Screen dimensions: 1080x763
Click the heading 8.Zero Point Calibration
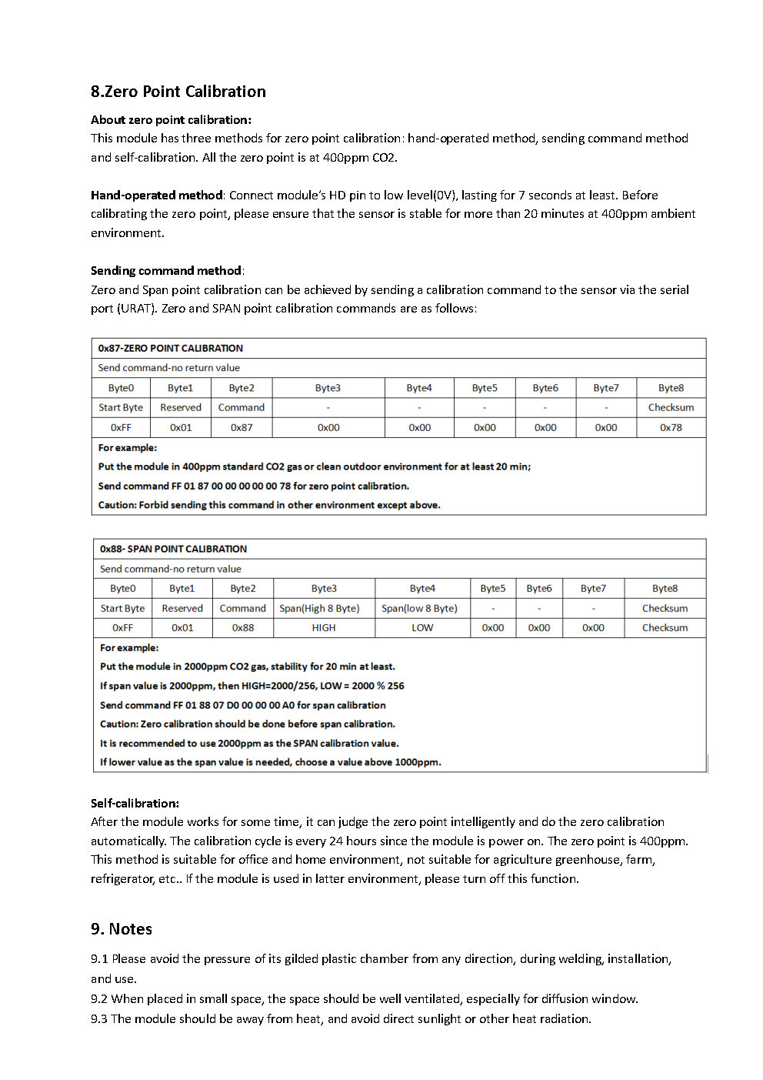pos(178,92)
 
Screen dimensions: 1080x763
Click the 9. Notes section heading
pos(122,929)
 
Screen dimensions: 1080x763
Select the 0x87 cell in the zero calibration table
pos(242,427)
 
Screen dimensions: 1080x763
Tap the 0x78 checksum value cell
pos(671,427)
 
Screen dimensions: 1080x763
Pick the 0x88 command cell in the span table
pos(243,627)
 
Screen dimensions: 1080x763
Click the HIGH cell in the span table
pos(324,627)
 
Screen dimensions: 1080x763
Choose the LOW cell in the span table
pos(422,627)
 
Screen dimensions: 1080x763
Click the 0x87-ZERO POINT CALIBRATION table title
pos(171,349)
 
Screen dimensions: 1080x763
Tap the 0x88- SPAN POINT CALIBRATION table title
pos(173,549)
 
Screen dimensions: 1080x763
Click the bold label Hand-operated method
pos(156,196)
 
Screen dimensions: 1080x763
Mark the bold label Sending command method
pos(166,271)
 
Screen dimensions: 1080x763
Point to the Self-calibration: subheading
pos(135,803)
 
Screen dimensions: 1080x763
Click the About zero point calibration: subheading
pos(171,120)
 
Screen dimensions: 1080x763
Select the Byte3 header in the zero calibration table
pos(328,388)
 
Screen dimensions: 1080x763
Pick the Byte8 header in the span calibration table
pos(665,588)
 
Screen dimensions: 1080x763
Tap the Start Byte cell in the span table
pos(122,608)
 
